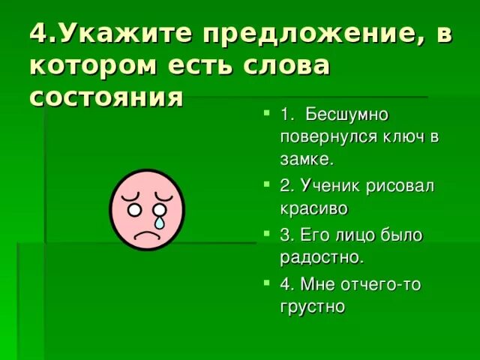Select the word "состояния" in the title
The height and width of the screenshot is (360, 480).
point(106,97)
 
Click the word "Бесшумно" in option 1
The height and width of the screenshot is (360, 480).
point(345,115)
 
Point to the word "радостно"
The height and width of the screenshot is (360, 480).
point(321,257)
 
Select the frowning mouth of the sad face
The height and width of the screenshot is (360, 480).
point(145,232)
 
